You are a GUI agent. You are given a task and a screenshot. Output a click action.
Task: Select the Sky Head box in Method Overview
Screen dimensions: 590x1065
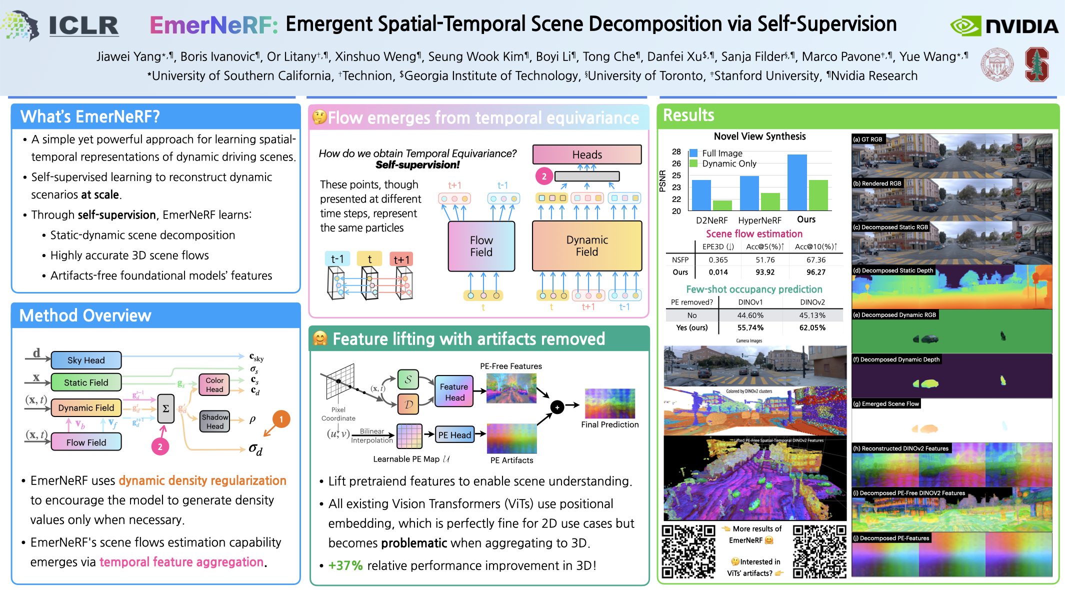[x=86, y=360]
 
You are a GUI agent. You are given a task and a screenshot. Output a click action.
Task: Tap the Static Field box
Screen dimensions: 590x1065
[x=86, y=382]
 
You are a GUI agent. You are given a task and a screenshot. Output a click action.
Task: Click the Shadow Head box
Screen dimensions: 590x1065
[x=215, y=421]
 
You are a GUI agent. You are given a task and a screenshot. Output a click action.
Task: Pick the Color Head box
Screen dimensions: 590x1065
[x=214, y=384]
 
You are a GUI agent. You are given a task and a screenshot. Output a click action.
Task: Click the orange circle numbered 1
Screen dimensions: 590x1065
[x=281, y=419]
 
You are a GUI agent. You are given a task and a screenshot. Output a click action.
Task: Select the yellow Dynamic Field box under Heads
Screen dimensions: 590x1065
[x=587, y=245]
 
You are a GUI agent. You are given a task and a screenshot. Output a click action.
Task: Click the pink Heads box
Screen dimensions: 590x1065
[x=587, y=154]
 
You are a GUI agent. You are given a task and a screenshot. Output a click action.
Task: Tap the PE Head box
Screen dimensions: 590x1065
[x=454, y=435]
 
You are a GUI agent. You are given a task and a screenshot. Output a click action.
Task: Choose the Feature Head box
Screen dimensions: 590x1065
[x=454, y=392]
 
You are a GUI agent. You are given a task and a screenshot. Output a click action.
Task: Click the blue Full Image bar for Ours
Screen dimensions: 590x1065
[x=797, y=182]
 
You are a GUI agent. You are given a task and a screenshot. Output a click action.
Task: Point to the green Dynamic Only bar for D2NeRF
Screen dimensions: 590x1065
[x=722, y=205]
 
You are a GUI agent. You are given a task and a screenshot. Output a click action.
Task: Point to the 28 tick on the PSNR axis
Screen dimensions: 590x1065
[x=676, y=151]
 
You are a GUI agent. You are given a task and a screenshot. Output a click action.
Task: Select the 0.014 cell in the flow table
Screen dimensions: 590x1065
[x=718, y=272]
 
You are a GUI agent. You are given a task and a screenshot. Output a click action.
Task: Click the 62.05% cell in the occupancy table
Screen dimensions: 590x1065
[x=812, y=327]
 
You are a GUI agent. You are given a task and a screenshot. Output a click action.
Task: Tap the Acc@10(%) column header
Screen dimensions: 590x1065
[x=815, y=246]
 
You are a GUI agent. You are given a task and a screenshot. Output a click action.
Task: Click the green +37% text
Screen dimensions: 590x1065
[x=345, y=565]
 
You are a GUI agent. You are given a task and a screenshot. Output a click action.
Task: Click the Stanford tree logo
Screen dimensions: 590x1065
[x=1036, y=64]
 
